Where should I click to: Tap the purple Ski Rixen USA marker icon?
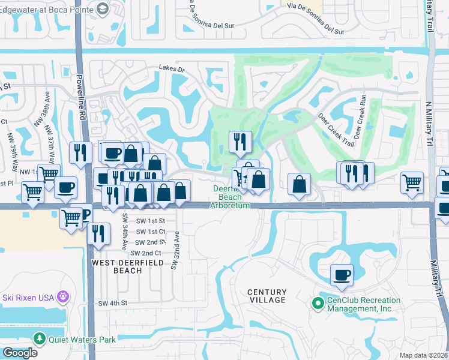pyautogui.click(x=62, y=296)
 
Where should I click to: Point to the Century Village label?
pyautogui.click(x=267, y=296)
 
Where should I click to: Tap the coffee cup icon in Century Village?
pyautogui.click(x=342, y=275)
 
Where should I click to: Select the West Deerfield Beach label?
pyautogui.click(x=118, y=266)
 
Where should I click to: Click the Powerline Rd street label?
pyautogui.click(x=83, y=99)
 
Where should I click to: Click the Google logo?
pyautogui.click(x=20, y=353)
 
